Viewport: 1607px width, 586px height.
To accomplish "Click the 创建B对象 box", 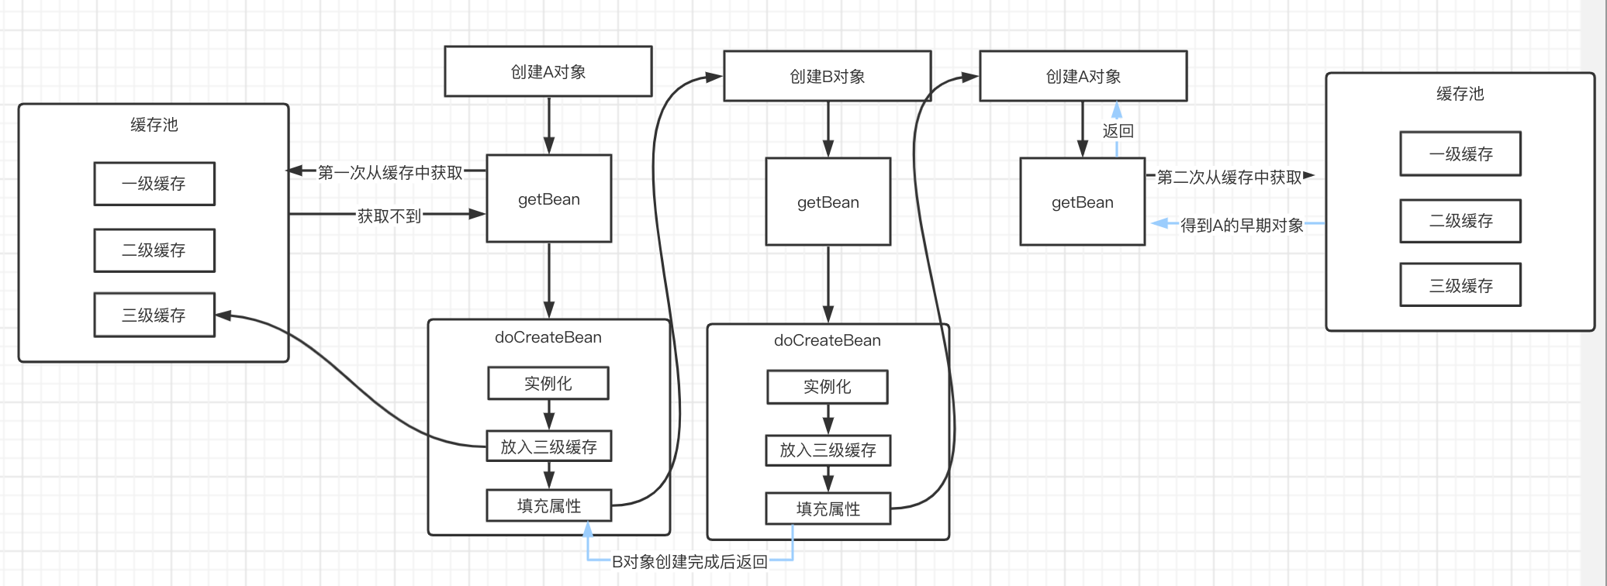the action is pyautogui.click(x=828, y=76).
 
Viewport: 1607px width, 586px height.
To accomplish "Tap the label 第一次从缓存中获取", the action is pyautogui.click(x=390, y=172).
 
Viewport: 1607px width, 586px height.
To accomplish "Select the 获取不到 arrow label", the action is pyautogui.click(x=389, y=216).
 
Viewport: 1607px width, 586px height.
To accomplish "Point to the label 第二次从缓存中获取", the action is pyautogui.click(x=1229, y=178).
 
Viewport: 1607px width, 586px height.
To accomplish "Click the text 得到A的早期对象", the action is pyautogui.click(x=1242, y=226).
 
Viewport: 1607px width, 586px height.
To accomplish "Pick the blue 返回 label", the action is pyautogui.click(x=1118, y=131).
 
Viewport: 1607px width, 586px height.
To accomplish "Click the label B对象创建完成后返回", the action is pyautogui.click(x=689, y=562).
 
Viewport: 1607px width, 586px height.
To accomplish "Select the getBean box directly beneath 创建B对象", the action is pyautogui.click(x=828, y=202).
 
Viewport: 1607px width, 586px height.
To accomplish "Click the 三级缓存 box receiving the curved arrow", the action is pyautogui.click(x=154, y=315).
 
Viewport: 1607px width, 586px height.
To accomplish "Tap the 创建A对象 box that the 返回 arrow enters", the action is pyautogui.click(x=1083, y=76).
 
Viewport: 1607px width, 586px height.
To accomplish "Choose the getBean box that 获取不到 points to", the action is pyautogui.click(x=549, y=198).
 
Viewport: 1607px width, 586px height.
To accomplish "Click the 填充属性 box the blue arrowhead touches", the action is pyautogui.click(x=549, y=505).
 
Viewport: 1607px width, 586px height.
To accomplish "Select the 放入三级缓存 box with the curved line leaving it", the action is pyautogui.click(x=549, y=446).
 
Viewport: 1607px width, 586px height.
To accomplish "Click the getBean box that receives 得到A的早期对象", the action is pyautogui.click(x=1083, y=202).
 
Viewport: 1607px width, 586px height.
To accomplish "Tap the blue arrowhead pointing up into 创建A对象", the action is pyautogui.click(x=1117, y=109).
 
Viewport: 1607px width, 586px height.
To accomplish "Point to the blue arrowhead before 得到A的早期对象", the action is pyautogui.click(x=1159, y=224).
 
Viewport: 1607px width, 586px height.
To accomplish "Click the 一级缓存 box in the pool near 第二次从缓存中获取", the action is pyautogui.click(x=1460, y=153).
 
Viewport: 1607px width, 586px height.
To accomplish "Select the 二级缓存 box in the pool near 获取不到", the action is pyautogui.click(x=154, y=250).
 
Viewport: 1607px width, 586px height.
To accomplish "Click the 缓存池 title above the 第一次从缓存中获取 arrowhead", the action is pyautogui.click(x=154, y=125).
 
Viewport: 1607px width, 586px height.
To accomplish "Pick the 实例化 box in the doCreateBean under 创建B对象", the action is pyautogui.click(x=828, y=387).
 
